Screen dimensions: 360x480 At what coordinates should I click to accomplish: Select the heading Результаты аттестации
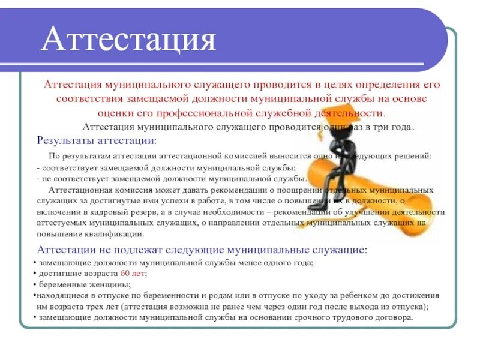(96, 140)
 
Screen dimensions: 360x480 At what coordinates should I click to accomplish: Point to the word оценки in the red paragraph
(114, 113)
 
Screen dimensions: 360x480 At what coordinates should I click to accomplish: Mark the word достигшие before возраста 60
(59, 274)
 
